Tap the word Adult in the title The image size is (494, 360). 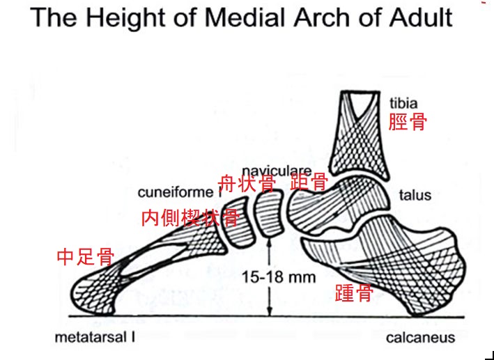tap(418, 17)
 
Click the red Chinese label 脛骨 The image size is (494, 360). tap(408, 123)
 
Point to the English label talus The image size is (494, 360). tap(415, 195)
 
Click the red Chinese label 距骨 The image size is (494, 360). tap(309, 183)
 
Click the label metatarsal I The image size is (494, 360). tap(95, 338)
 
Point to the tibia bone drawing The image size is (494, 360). tap(362, 136)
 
